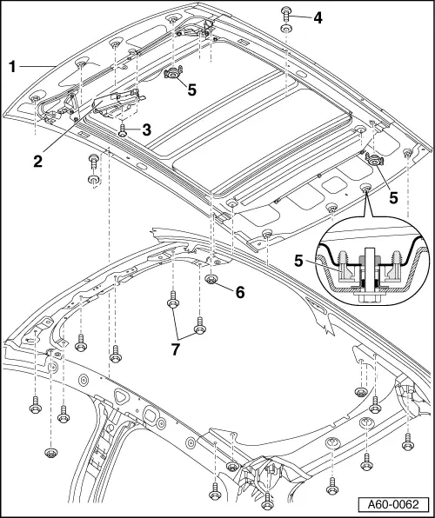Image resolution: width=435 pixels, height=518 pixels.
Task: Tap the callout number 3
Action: pos(146,130)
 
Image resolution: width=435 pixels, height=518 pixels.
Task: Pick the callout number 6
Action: pos(240,292)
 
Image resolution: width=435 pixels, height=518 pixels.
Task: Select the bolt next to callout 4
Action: pos(286,13)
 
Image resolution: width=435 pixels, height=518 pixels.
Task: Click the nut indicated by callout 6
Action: pos(211,279)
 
